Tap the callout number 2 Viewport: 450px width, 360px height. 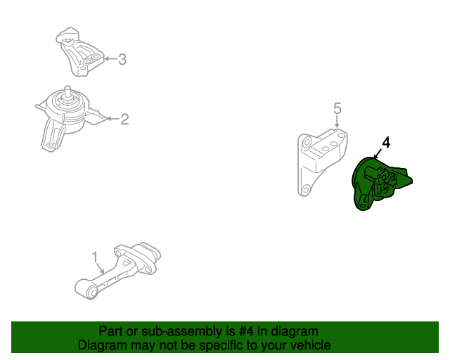(x=124, y=120)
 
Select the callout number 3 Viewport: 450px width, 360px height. (x=122, y=60)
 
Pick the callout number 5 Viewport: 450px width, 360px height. (x=337, y=108)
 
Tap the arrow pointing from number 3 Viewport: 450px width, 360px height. (x=110, y=60)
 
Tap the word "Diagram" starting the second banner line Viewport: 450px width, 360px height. (x=102, y=345)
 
